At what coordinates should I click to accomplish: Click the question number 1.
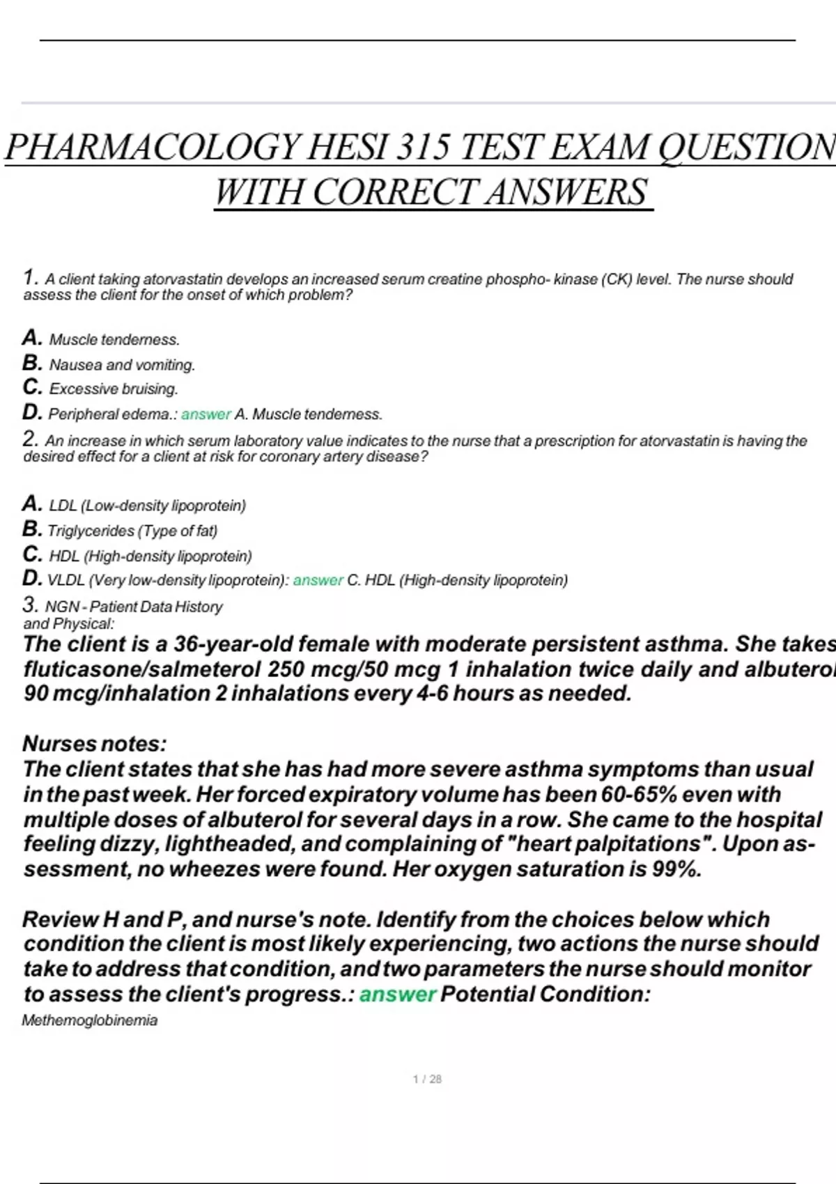point(29,277)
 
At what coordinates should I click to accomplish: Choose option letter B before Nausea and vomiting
point(32,363)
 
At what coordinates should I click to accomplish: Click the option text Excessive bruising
point(114,389)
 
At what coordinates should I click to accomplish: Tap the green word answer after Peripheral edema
point(206,414)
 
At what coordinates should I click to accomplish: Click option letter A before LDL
point(31,503)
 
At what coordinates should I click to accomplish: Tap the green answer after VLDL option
point(318,580)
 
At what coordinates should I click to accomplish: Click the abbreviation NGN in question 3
point(61,607)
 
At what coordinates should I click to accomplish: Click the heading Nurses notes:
point(95,744)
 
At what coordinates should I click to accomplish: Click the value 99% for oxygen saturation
point(676,869)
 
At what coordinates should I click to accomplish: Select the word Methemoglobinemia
point(90,1020)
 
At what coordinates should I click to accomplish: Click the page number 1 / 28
point(427,1080)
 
